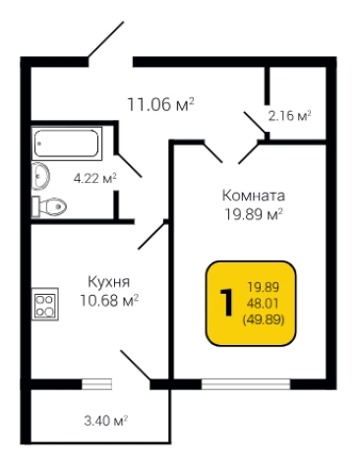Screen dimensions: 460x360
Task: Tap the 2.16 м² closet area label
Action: click(x=289, y=115)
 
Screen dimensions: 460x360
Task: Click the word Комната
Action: click(x=253, y=195)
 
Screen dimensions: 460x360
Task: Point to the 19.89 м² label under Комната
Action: click(x=253, y=214)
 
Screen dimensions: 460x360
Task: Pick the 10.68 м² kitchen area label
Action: click(x=108, y=299)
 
